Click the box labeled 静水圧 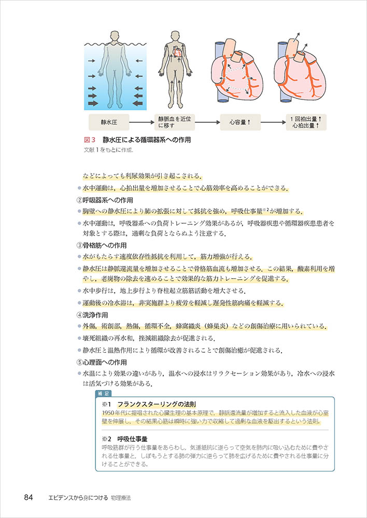coord(108,123)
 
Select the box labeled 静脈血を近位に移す coord(175,123)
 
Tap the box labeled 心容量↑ coord(241,123)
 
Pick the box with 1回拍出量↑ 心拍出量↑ coord(306,123)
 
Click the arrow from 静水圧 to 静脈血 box coord(141,123)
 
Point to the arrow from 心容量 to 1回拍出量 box coord(273,123)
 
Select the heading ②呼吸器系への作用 coord(105,200)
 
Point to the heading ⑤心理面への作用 coord(102,362)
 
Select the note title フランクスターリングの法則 coord(152,404)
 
